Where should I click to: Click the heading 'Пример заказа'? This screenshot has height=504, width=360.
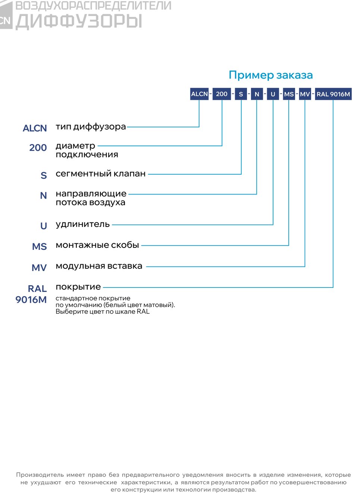[x=270, y=75]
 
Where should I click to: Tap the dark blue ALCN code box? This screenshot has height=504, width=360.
[x=199, y=94]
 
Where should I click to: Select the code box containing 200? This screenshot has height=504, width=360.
[x=222, y=94]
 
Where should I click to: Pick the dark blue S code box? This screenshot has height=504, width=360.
[x=241, y=94]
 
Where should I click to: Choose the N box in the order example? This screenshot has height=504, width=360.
[x=257, y=94]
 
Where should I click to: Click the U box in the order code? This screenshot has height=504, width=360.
[x=273, y=94]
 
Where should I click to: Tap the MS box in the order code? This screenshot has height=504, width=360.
[x=289, y=94]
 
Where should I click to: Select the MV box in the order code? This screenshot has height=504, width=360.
[x=305, y=94]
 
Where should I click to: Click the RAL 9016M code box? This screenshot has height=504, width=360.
[x=333, y=94]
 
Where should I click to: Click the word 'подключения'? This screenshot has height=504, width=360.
[x=87, y=155]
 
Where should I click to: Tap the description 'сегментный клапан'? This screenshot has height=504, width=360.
[x=100, y=174]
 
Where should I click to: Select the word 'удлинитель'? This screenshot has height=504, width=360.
[x=83, y=224]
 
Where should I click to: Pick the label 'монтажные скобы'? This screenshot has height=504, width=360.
[x=97, y=245]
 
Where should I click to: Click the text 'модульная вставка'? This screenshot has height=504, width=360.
[x=99, y=266]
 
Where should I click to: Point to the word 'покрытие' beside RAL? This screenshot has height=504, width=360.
[x=78, y=287]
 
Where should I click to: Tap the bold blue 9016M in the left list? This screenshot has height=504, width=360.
[x=31, y=300]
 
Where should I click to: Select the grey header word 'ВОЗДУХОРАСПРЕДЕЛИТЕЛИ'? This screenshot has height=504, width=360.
[x=93, y=5]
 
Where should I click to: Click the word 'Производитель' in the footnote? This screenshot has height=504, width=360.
[x=40, y=475]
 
